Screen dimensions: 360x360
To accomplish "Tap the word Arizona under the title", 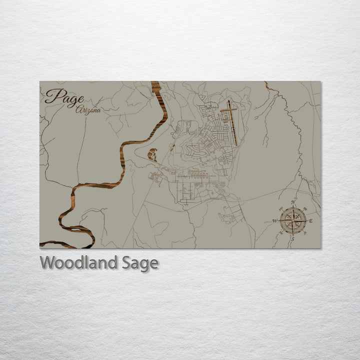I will pyautogui.click(x=88, y=110).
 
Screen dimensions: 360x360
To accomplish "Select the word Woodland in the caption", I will pyautogui.click(x=80, y=262).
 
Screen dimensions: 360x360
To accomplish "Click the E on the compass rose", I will pyautogui.click(x=310, y=220).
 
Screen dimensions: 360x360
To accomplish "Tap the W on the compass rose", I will pyautogui.click(x=274, y=220).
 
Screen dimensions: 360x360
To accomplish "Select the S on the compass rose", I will pyautogui.click(x=292, y=238).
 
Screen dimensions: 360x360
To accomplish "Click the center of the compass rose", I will pyautogui.click(x=293, y=220).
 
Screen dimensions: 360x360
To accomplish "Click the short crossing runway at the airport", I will pyautogui.click(x=228, y=109).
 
